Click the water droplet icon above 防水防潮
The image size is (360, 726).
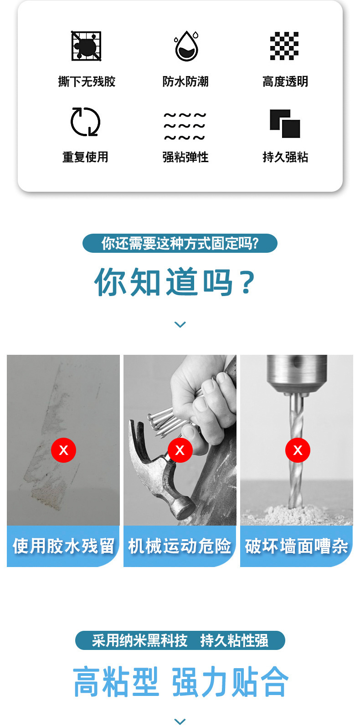pyautogui.click(x=186, y=46)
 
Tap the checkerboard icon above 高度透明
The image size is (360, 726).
pyautogui.click(x=284, y=46)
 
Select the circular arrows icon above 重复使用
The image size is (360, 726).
pyautogui.click(x=85, y=122)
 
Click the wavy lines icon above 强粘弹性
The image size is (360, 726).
pyautogui.click(x=185, y=126)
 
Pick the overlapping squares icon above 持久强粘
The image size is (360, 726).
pyautogui.click(x=285, y=123)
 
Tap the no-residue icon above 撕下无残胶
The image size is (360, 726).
pyautogui.click(x=86, y=46)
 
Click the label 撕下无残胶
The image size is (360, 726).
pyautogui.click(x=87, y=82)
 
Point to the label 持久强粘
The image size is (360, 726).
pyautogui.click(x=285, y=157)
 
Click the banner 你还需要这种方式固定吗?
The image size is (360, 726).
pyautogui.click(x=180, y=243)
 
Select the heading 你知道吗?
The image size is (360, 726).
pyautogui.click(x=175, y=282)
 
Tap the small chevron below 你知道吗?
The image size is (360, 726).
pyautogui.click(x=180, y=324)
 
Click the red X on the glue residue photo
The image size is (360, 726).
pyautogui.click(x=63, y=450)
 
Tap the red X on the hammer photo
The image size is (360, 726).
pyautogui.click(x=180, y=450)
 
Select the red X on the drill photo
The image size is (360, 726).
pyautogui.click(x=298, y=450)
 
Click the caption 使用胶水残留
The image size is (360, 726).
pyautogui.click(x=63, y=546)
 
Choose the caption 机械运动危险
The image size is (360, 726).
pyautogui.click(x=180, y=546)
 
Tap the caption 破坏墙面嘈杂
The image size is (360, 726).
pyautogui.click(x=297, y=546)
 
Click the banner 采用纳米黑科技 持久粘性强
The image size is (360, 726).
pyautogui.click(x=180, y=640)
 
